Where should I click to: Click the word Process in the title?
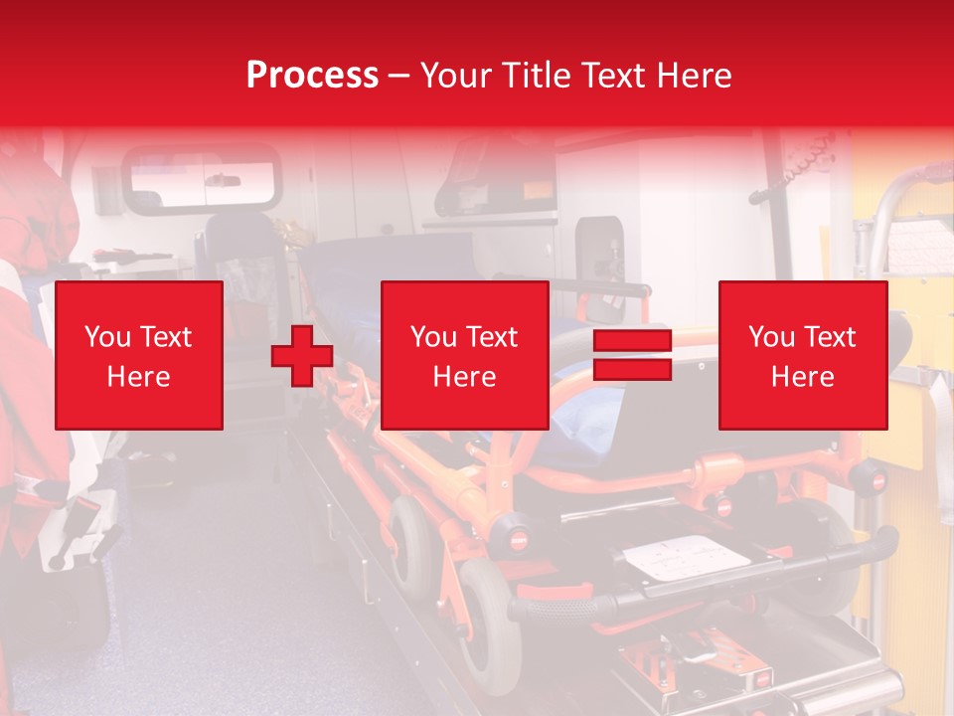coord(312,75)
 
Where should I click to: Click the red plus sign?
coord(302,356)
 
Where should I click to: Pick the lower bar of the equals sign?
coord(632,370)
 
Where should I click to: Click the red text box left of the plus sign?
coord(138,355)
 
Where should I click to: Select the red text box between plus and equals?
coord(465,355)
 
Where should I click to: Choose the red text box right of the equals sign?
coord(803,355)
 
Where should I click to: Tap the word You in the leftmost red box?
coord(106,337)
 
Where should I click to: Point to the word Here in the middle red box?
coord(465,377)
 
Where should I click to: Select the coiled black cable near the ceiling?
coord(785,179)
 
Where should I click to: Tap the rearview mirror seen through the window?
coord(225,180)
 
